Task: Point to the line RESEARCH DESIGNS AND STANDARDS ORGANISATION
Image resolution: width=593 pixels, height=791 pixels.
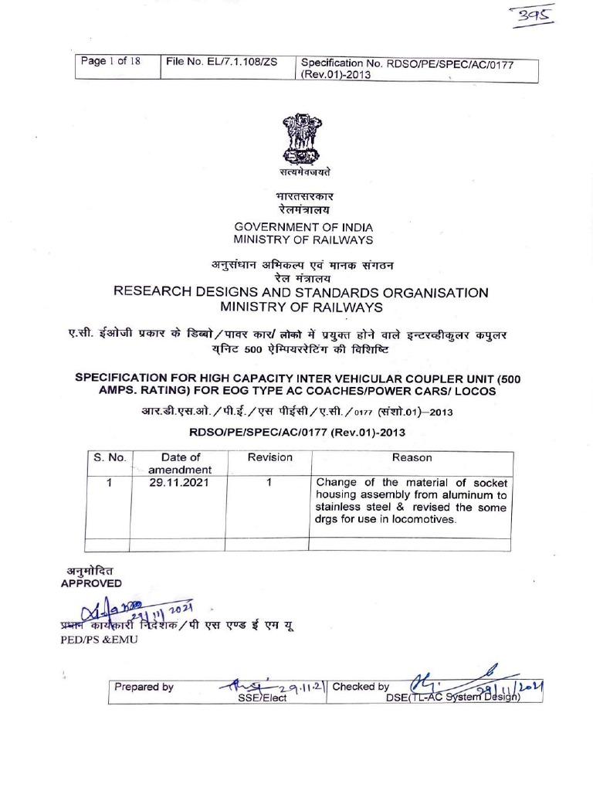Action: (301, 293)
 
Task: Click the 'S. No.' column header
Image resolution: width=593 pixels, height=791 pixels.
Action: (110, 458)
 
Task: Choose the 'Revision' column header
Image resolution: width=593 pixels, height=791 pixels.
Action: (269, 458)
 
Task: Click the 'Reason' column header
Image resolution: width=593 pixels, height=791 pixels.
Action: (412, 458)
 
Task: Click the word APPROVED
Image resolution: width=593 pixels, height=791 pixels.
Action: (91, 583)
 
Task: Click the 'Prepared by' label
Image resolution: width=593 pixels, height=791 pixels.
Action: (144, 687)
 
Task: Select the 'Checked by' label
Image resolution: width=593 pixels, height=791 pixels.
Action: (361, 687)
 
